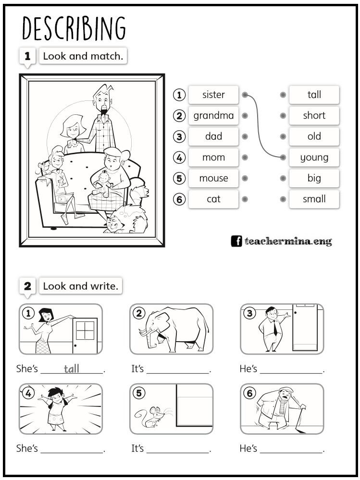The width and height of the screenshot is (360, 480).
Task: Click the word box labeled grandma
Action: [213, 115]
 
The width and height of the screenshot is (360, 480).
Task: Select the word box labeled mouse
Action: [213, 178]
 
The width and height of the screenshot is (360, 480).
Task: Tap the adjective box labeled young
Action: [314, 157]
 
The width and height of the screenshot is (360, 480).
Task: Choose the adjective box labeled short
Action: [314, 115]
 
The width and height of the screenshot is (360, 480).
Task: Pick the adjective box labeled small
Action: [314, 198]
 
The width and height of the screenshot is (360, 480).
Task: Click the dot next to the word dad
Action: [245, 136]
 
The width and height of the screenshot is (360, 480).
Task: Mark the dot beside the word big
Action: [283, 178]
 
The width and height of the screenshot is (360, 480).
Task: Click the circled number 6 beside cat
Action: [179, 199]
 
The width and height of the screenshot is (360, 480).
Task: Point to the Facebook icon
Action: [236, 241]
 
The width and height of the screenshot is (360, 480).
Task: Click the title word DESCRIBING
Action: [74, 28]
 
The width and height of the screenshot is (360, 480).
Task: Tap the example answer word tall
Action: [71, 369]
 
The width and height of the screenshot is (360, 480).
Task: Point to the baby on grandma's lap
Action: [103, 184]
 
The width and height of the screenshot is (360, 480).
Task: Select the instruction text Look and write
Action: [81, 286]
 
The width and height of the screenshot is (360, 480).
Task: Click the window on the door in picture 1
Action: [85, 331]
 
